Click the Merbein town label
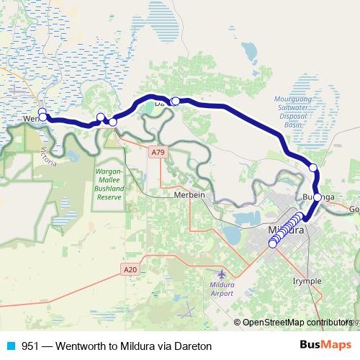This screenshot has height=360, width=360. tap(190, 196)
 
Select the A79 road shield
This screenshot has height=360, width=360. tap(158, 153)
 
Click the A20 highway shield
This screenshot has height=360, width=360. tap(128, 269)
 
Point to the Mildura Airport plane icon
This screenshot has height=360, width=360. tap(220, 274)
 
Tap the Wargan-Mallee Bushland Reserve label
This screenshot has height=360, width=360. tap(110, 184)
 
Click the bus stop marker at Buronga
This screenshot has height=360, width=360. tap(318, 197)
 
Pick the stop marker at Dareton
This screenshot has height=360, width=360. tap(175, 101)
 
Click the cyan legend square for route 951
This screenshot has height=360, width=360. tap(10, 346)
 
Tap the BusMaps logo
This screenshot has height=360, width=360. tap(325, 346)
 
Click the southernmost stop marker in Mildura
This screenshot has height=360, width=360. tap(273, 244)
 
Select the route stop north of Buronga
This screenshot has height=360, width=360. tap(313, 168)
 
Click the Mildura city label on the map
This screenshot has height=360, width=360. tap(287, 230)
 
